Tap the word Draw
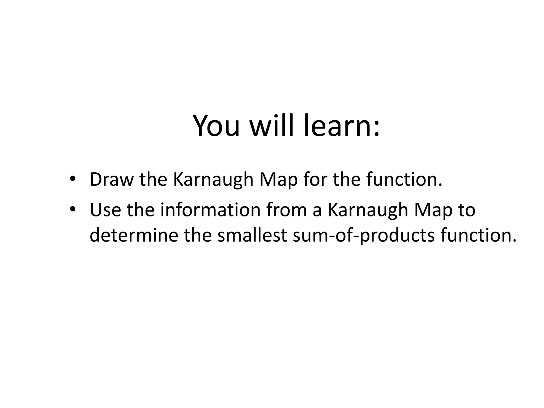pos(112,180)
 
